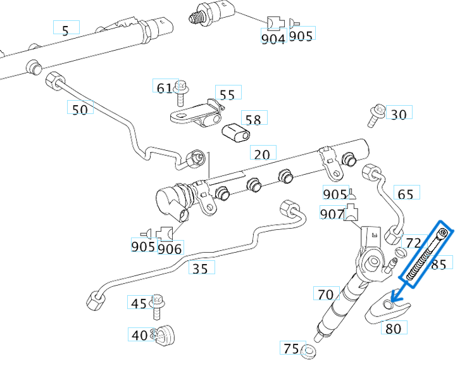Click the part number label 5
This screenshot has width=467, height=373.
point(65,28)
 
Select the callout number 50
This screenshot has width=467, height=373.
point(80,109)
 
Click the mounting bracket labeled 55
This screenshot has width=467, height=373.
point(198,115)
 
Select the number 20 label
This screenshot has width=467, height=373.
point(263,154)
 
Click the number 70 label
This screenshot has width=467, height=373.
point(325,294)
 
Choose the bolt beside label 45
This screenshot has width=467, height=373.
point(157,306)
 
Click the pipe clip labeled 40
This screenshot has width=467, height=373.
point(166,333)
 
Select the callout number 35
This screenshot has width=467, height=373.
point(201,269)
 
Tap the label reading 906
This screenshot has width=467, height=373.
point(170,248)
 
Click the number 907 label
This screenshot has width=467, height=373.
point(332,214)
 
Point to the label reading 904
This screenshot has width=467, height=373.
point(273,38)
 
